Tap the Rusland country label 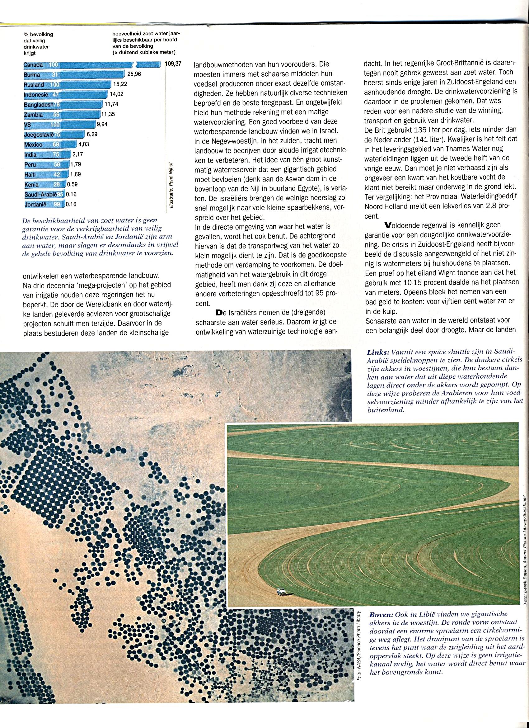click(34, 85)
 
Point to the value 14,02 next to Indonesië click(116, 94)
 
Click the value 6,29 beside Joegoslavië click(92, 135)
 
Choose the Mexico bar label click(33, 145)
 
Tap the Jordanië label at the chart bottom click(35, 204)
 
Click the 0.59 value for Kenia click(72, 185)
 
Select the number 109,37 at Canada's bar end click(173, 64)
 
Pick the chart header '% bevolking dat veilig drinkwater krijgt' click(39, 44)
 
